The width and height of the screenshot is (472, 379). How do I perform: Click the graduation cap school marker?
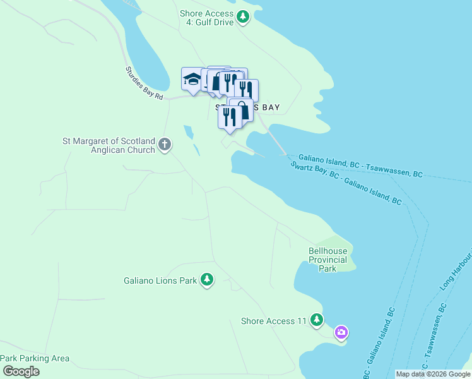click(x=191, y=79)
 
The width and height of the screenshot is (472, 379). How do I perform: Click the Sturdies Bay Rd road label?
click(x=145, y=83)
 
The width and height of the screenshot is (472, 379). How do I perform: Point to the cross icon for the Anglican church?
click(x=165, y=145)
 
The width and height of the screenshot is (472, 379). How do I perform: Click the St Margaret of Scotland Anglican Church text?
click(x=108, y=145)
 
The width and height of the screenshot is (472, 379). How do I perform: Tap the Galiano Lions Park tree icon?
click(x=206, y=279)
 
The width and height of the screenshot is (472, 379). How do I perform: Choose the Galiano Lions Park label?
click(x=161, y=280)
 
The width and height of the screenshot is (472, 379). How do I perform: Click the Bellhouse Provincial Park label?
click(x=327, y=260)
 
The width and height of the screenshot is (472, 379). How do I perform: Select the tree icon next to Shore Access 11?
click(x=317, y=320)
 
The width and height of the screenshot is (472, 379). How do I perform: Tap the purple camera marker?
click(x=341, y=332)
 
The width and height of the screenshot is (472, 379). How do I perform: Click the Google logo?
click(x=20, y=371)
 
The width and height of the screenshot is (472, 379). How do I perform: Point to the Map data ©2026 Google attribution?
click(x=432, y=374)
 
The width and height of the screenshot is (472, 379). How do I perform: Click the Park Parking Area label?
click(x=35, y=358)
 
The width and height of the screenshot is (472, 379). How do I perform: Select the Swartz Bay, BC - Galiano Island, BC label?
click(x=346, y=183)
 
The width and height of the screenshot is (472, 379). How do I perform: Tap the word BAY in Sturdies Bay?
click(x=266, y=107)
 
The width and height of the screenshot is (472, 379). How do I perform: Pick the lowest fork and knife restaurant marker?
click(x=229, y=117)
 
